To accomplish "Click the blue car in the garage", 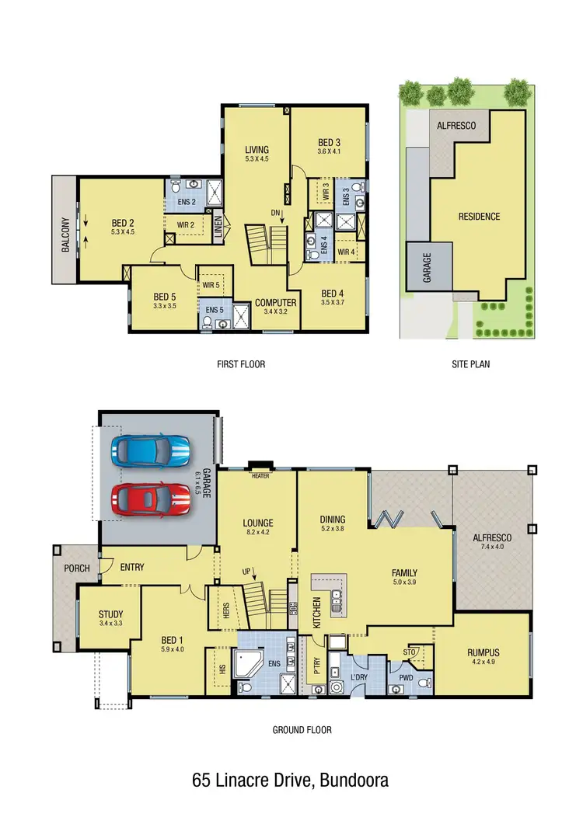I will (150, 450).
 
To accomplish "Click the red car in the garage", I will (150, 496).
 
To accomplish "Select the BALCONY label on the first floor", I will (66, 234).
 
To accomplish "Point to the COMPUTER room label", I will (276, 303).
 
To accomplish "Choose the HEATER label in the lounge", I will (260, 475).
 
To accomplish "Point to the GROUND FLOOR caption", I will (302, 730).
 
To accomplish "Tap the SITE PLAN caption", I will (470, 363).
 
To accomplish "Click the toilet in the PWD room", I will (424, 683).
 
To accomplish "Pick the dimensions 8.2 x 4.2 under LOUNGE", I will (257, 534).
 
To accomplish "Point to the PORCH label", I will (77, 568).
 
